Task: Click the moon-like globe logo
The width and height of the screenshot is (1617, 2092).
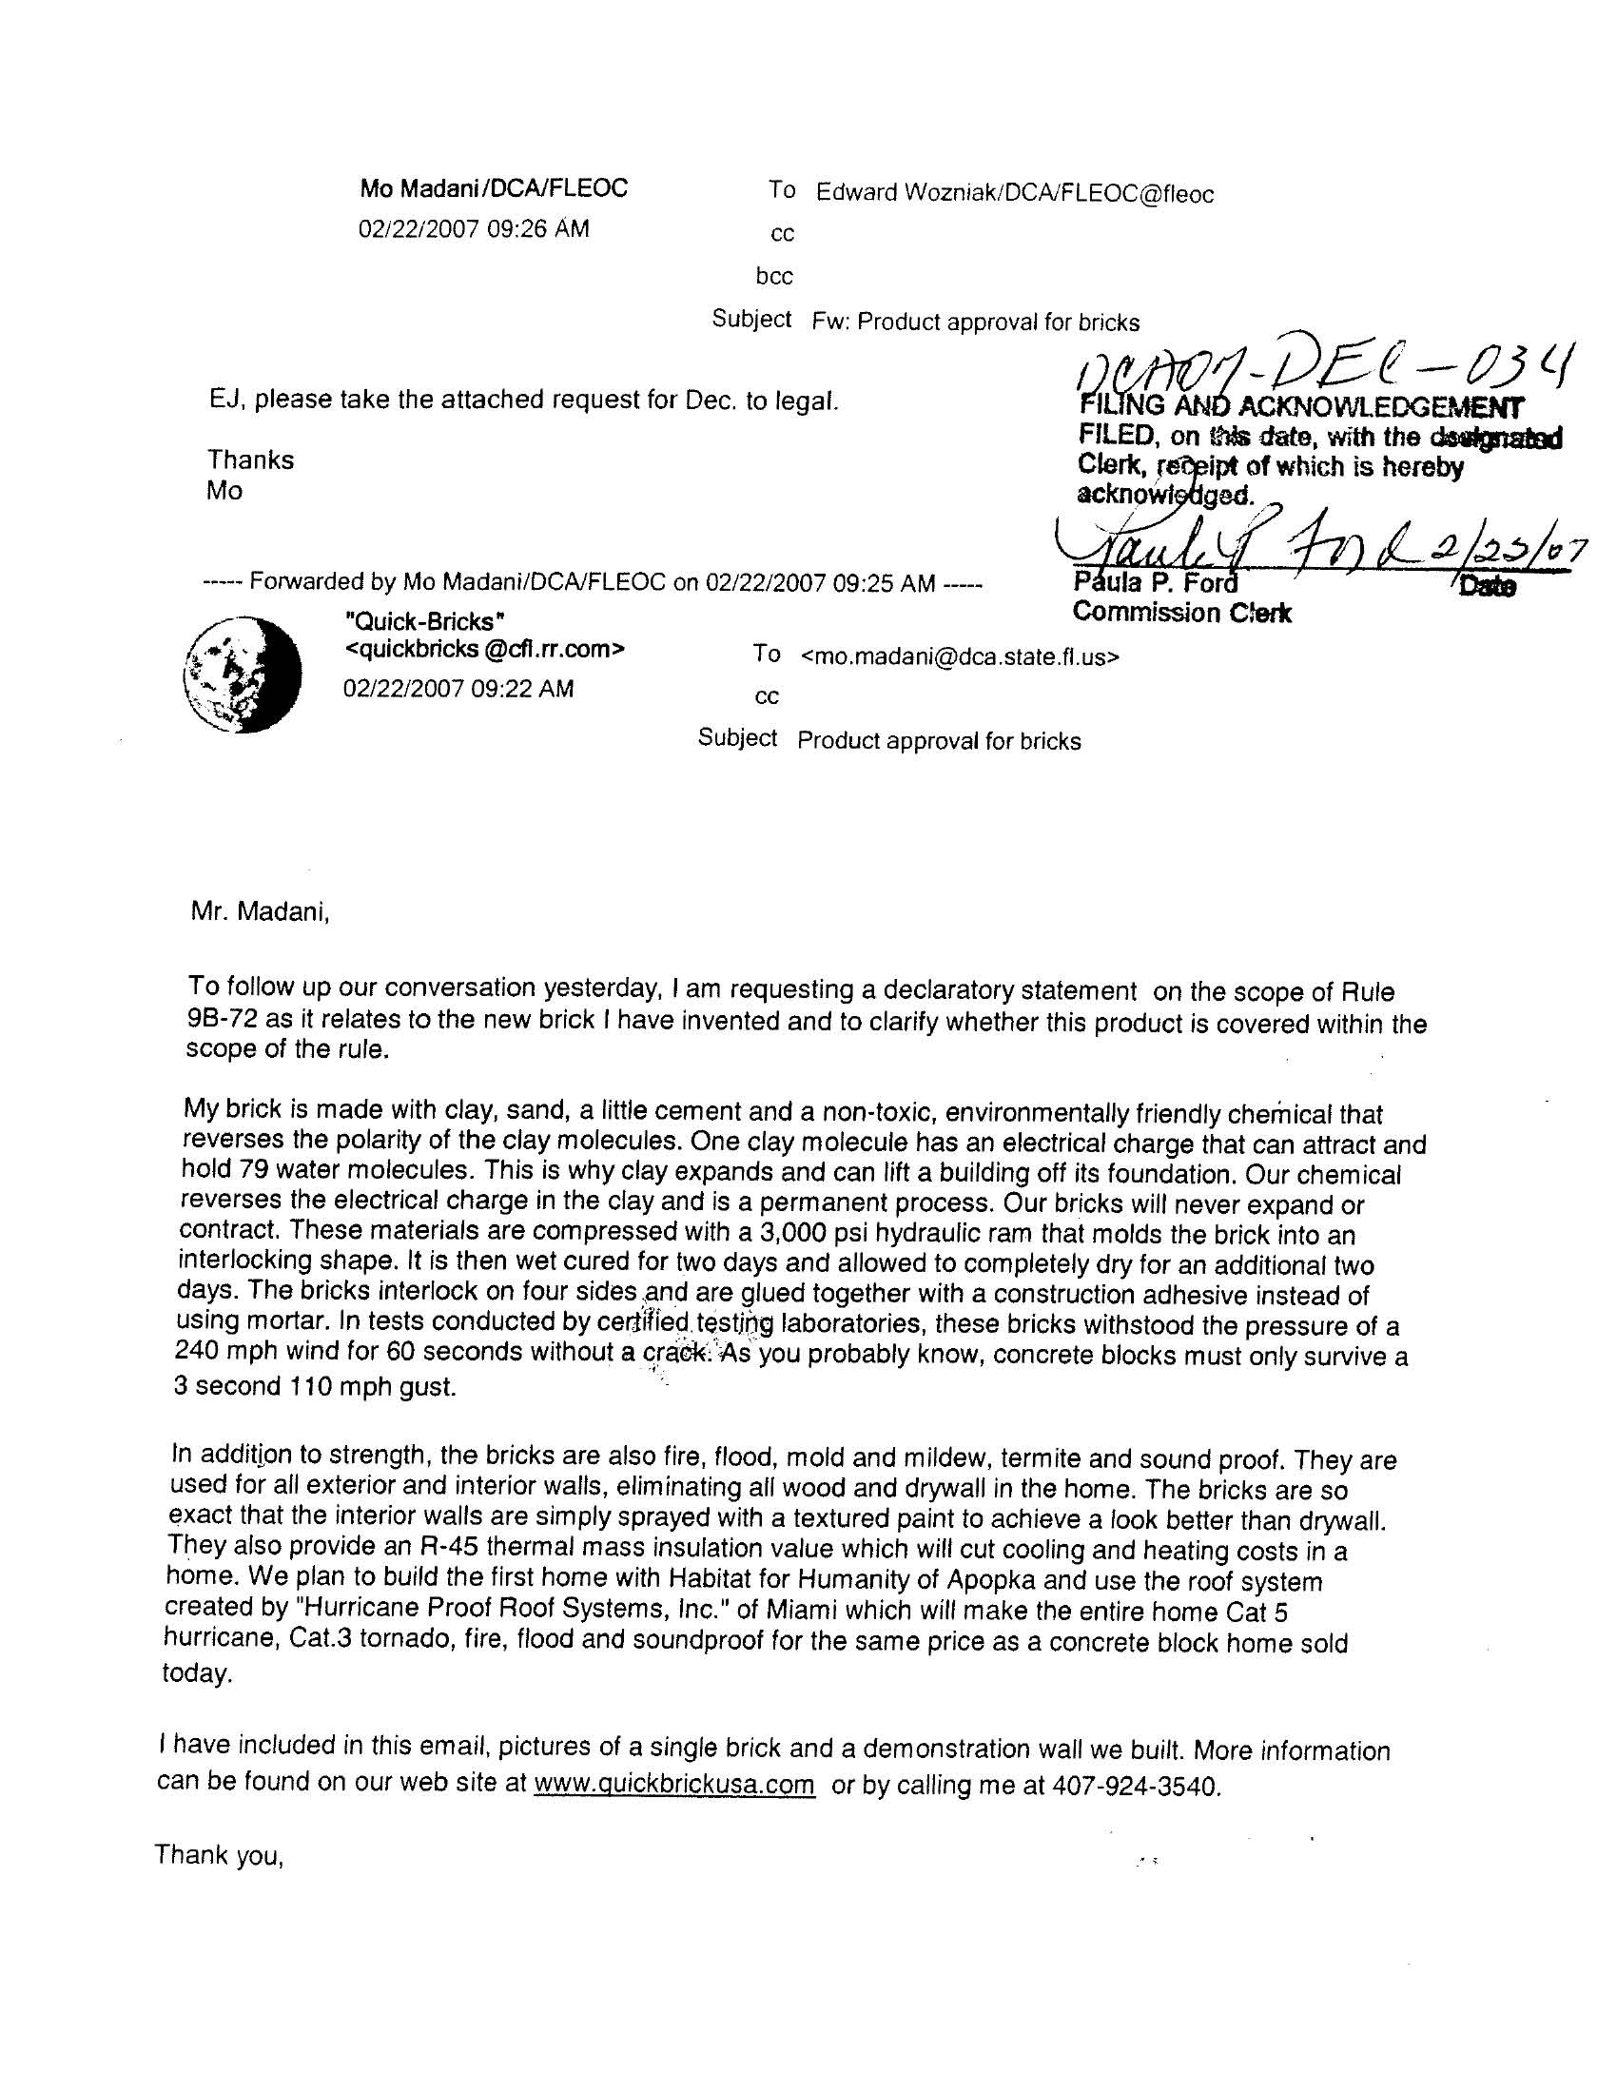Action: [243, 674]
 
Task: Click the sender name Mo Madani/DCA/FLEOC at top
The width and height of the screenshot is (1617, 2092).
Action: [494, 188]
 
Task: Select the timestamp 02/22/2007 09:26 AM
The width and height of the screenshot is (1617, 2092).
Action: [474, 229]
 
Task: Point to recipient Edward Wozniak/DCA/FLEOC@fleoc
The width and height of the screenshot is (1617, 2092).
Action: [1015, 194]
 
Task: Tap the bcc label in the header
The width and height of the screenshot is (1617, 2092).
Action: [774, 277]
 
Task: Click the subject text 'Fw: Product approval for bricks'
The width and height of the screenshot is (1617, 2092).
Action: [975, 323]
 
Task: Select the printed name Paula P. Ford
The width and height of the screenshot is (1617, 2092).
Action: [1156, 582]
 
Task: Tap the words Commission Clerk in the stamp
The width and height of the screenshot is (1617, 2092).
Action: [1181, 613]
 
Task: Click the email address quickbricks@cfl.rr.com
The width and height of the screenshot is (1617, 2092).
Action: [485, 650]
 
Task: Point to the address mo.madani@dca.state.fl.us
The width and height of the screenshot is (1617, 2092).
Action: [959, 658]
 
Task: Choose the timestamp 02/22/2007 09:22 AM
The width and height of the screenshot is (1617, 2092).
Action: [458, 689]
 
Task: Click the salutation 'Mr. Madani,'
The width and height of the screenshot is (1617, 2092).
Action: [261, 912]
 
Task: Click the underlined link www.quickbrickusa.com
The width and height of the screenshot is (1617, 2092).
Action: [674, 1785]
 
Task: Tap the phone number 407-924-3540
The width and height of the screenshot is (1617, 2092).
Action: [1136, 1787]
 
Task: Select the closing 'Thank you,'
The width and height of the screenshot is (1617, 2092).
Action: [220, 1855]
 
